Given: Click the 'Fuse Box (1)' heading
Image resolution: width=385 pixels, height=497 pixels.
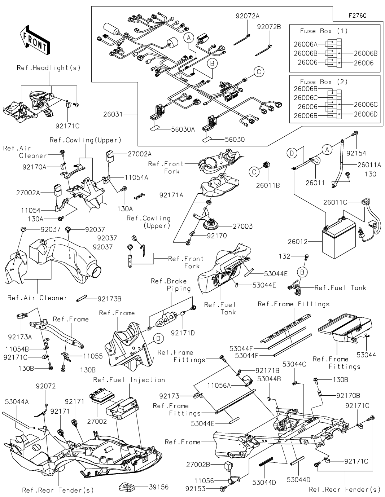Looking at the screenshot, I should (324, 31).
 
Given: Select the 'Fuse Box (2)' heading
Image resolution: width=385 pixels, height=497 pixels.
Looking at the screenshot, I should (324, 82).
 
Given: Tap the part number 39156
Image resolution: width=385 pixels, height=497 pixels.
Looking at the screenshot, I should (158, 487).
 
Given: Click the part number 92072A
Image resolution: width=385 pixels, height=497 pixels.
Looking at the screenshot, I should (248, 16).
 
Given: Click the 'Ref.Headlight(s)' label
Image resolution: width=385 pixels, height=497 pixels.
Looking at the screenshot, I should (49, 68).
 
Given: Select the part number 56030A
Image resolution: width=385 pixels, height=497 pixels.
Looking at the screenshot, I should (183, 129).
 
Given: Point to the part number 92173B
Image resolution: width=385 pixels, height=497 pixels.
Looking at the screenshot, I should (109, 299).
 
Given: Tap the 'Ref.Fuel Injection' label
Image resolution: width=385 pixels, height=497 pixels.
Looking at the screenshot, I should (129, 380).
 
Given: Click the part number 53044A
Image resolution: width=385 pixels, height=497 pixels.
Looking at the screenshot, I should (17, 401).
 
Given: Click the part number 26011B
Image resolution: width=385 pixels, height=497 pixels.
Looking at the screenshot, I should (268, 185).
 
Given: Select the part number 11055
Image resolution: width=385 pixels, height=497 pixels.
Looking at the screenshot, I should (93, 356).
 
